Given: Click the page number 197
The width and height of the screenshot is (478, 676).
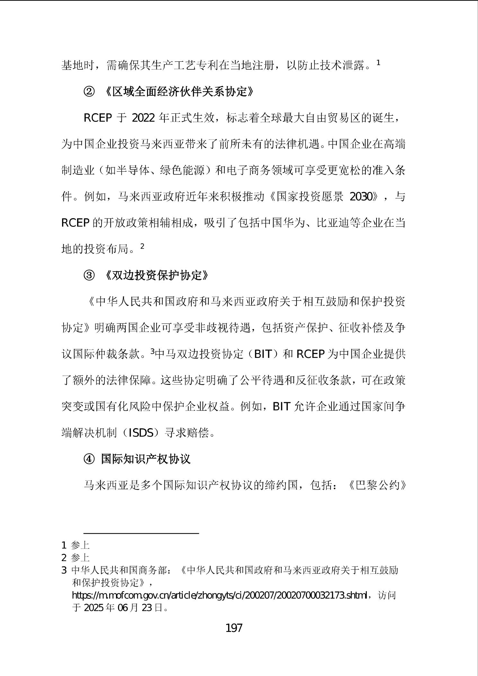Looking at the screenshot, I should pos(234,627).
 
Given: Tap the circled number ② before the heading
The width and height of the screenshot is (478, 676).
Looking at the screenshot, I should pos(89,92).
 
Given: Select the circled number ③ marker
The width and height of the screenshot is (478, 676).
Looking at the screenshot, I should pos(89,275).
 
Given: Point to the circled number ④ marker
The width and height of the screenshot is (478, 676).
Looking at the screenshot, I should pos(89,459).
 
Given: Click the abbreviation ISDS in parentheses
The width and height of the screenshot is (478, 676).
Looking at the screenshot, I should pos(141,433).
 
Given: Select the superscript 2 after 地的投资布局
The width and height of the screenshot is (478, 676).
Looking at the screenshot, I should pos(142,246).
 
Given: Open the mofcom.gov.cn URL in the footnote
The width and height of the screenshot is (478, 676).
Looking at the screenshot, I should pos(219,595).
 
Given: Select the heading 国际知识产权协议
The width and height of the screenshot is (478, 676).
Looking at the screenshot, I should pos(146,459).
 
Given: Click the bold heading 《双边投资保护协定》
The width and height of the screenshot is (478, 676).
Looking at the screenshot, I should pos(157,275).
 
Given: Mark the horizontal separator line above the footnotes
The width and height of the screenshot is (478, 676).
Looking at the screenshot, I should pos(141,533).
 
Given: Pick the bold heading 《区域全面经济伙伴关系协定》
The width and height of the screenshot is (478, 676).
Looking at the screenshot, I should pos(179,92).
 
